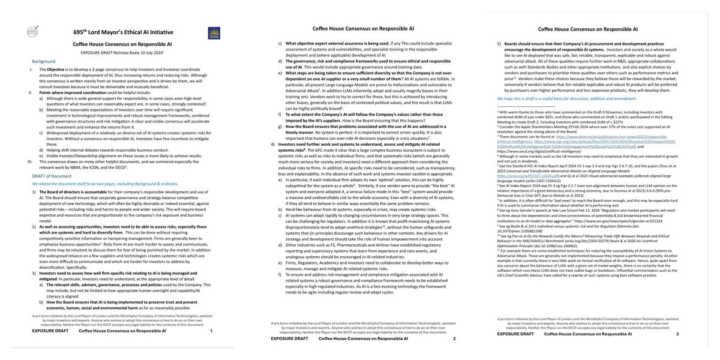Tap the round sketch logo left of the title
25,35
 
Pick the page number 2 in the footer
454,339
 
